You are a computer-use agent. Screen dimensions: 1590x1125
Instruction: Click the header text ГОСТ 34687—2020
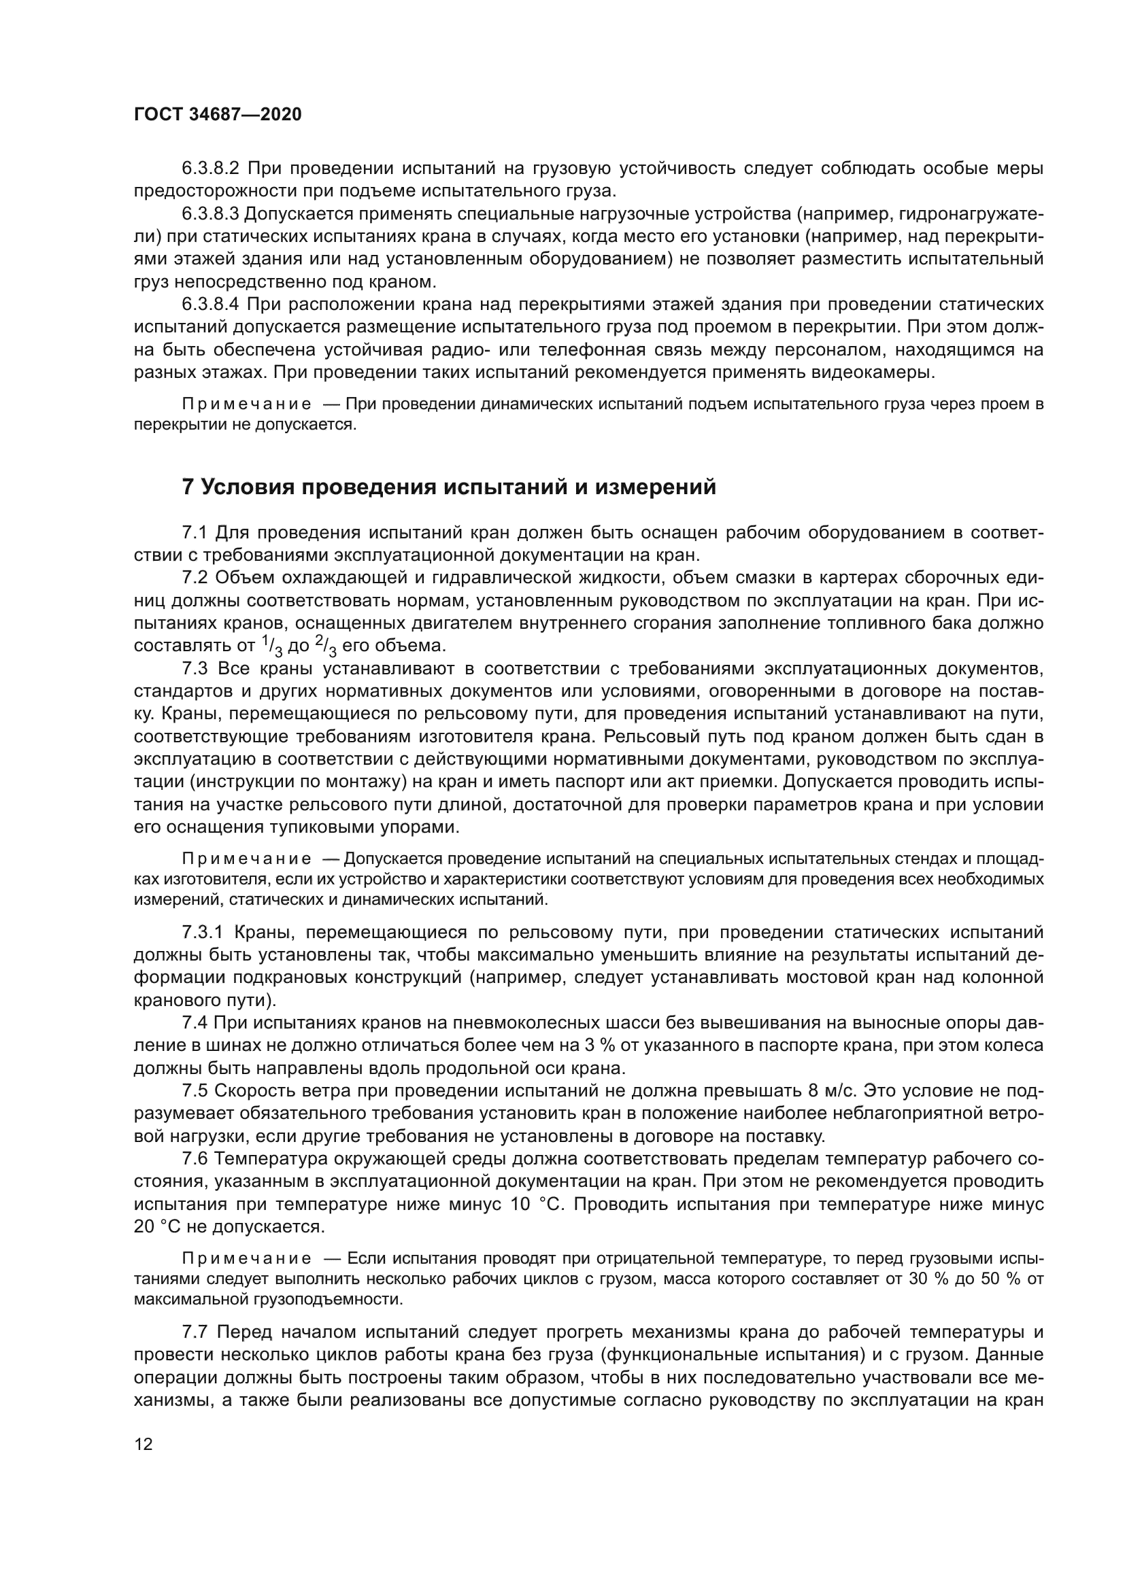(218, 114)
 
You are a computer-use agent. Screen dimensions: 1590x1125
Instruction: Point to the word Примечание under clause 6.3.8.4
(246, 404)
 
